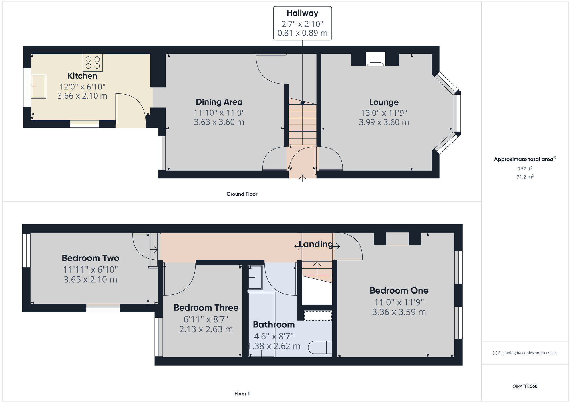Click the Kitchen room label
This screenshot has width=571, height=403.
[x=82, y=76]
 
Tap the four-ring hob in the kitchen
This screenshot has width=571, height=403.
[x=93, y=62]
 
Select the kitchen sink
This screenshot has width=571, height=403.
[x=38, y=86]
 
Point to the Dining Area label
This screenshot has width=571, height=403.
[x=219, y=102]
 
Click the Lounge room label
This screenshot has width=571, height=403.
[x=384, y=102]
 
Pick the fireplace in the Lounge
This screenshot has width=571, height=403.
[x=375, y=59]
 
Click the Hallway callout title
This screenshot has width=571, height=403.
[x=302, y=13]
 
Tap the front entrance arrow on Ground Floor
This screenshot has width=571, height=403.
[x=303, y=178]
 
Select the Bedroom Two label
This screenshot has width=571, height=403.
[x=91, y=258]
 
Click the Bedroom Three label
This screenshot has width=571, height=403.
[x=206, y=308]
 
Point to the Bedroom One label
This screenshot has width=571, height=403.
[x=399, y=290]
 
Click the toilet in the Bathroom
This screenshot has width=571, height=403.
[x=320, y=347]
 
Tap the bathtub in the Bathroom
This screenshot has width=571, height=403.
[x=261, y=324]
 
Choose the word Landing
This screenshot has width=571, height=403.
[x=316, y=244]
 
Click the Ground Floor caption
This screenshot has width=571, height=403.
[x=242, y=194]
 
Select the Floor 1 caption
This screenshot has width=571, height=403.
[x=242, y=394]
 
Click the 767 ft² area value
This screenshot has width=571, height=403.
[x=525, y=168]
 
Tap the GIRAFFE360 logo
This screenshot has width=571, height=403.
[x=525, y=386]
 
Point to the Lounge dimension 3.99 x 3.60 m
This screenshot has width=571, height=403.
[x=384, y=122]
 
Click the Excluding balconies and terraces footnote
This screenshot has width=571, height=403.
[x=525, y=353]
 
